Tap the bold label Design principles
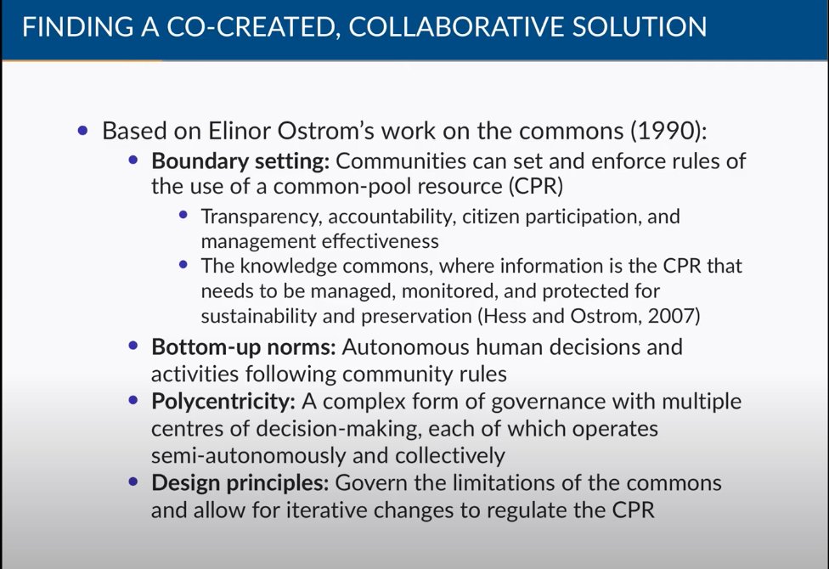tap(239, 483)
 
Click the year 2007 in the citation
tap(681, 316)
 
